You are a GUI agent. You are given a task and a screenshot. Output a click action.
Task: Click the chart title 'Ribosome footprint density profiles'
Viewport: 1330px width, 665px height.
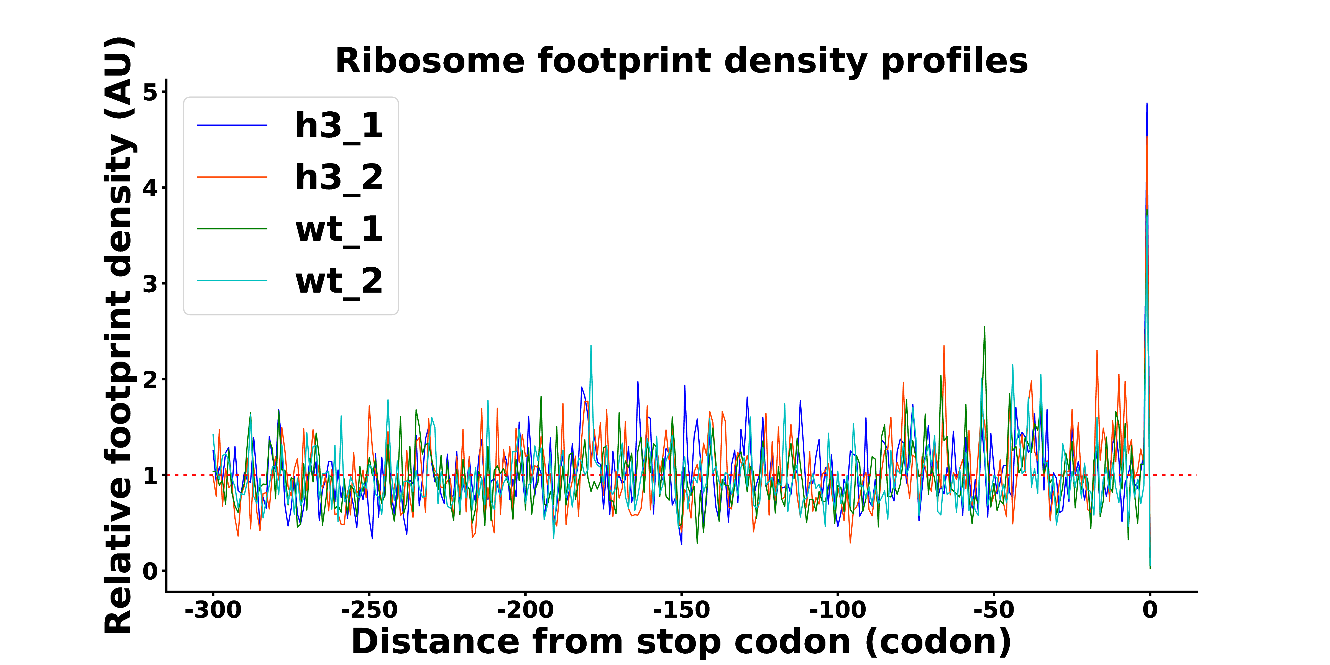click(682, 61)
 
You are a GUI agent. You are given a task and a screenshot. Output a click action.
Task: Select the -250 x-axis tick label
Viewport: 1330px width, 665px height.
click(369, 610)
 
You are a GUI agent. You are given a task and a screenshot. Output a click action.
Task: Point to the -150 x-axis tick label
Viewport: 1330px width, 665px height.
click(682, 610)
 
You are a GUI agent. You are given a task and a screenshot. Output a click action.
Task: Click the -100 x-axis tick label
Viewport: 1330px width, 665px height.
click(837, 610)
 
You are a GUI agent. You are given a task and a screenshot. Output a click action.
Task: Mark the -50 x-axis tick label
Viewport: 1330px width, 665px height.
click(994, 610)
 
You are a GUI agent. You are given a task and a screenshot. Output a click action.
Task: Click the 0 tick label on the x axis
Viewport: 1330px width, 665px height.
click(1150, 610)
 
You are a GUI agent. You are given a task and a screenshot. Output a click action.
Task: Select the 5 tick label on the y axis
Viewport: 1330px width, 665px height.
click(150, 93)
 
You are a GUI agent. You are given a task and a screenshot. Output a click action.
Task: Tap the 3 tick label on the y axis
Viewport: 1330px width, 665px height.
click(150, 284)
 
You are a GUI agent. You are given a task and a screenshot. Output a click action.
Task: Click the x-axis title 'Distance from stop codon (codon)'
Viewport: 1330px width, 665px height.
click(682, 642)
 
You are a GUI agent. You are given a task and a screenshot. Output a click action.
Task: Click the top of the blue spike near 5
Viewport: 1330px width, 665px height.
click(1147, 104)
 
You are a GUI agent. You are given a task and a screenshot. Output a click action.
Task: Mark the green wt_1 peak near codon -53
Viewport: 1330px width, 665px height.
click(984, 327)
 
